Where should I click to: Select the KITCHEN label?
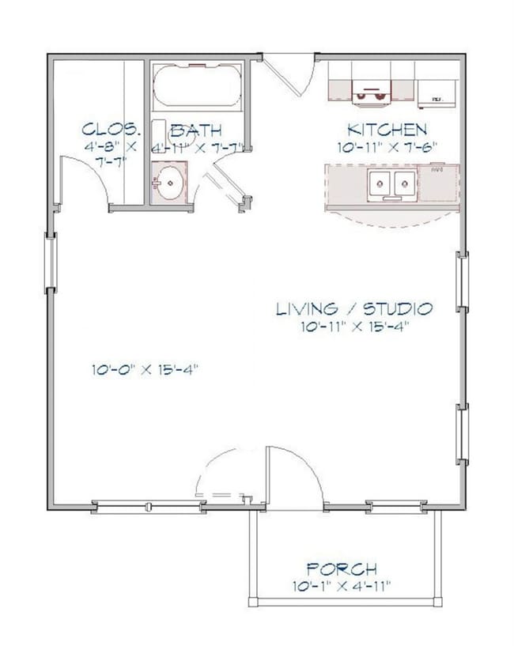click(387, 130)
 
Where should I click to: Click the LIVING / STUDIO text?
click(353, 308)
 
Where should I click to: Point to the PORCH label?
click(342, 569)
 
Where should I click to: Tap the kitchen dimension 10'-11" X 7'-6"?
click(387, 146)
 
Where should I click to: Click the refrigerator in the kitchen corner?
click(437, 93)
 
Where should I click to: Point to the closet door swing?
click(83, 178)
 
